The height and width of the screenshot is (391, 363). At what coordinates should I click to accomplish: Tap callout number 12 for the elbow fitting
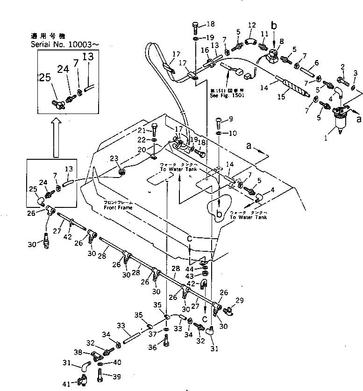coord(252,25)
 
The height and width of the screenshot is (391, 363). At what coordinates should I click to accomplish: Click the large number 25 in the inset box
coord(45,78)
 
